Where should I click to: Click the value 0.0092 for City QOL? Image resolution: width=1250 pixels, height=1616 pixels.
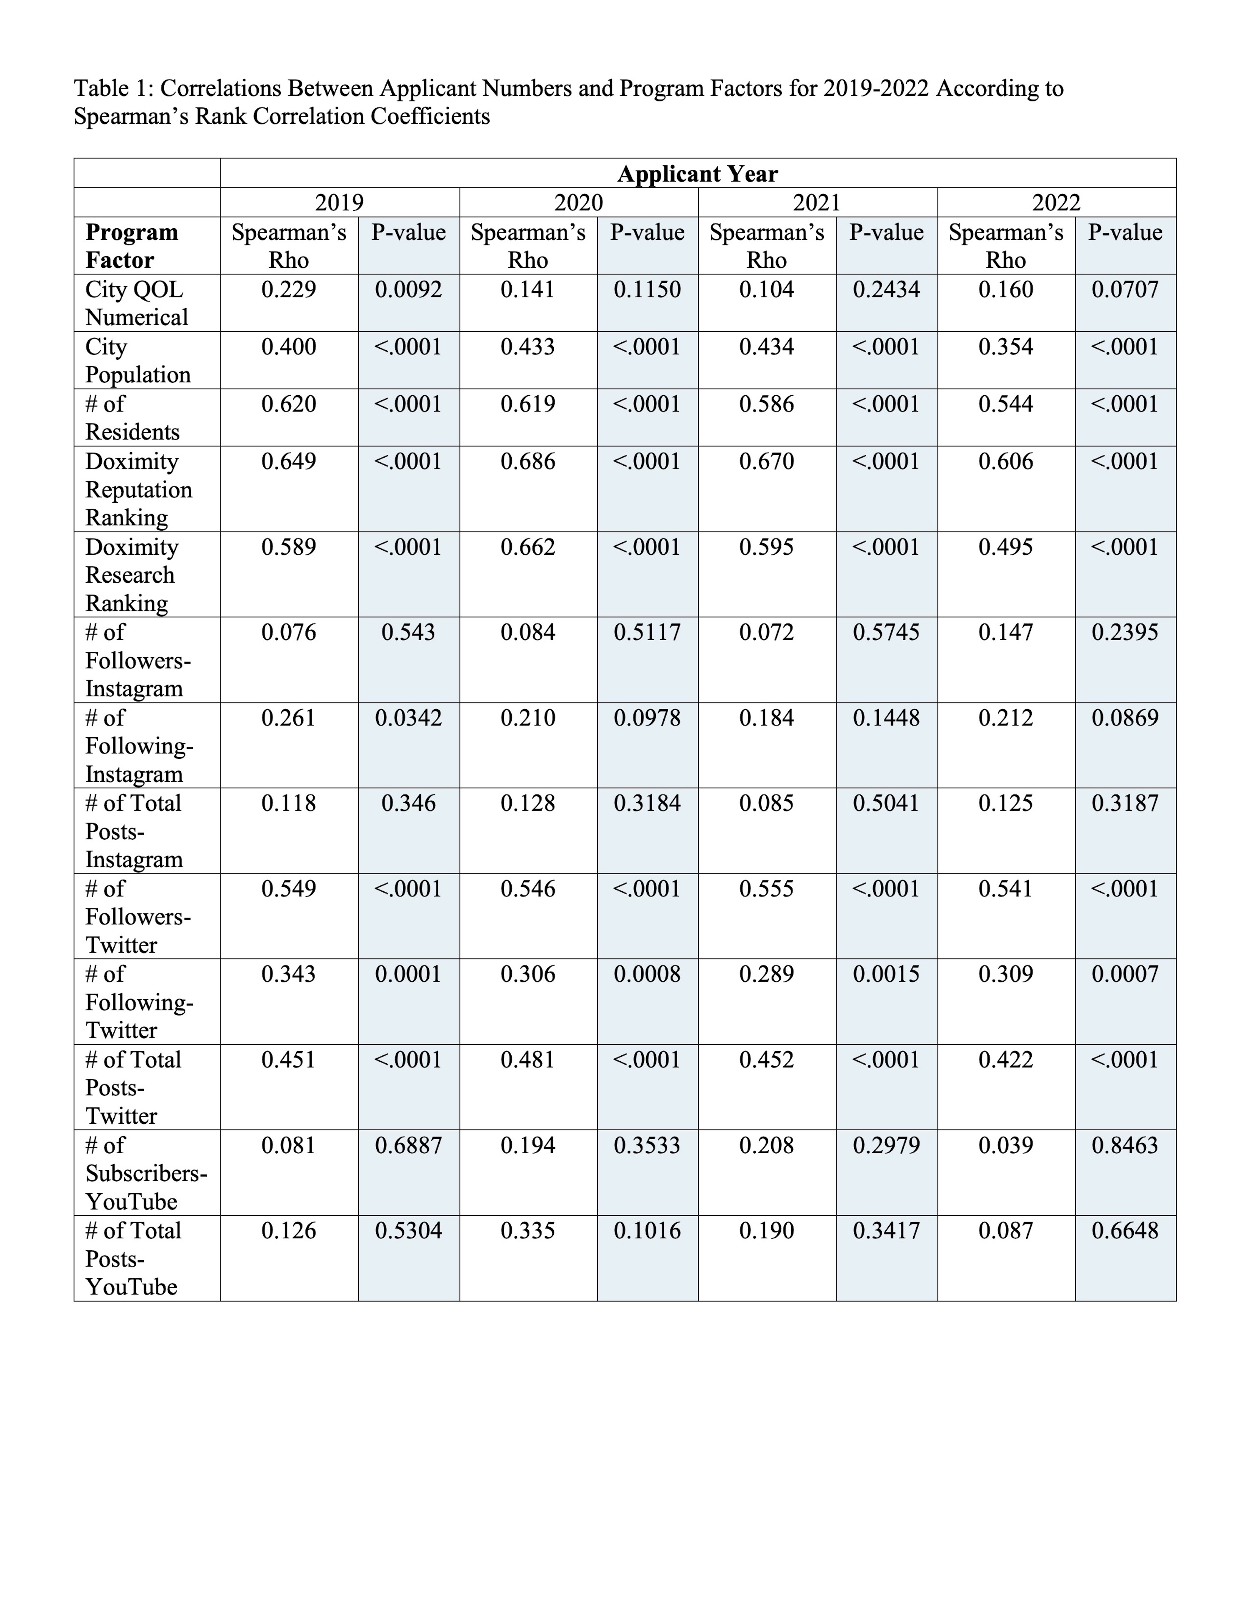[408, 289]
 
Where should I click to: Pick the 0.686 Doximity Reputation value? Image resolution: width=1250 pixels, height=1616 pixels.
[527, 462]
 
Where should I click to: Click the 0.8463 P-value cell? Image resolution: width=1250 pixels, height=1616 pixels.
[1125, 1145]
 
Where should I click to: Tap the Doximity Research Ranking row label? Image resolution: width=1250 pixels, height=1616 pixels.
[132, 575]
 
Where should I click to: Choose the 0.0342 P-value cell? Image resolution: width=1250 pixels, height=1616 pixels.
[408, 718]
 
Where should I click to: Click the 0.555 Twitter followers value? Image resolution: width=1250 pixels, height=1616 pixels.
[767, 889]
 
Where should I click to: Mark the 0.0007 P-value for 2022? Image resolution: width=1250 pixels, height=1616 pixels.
[1125, 975]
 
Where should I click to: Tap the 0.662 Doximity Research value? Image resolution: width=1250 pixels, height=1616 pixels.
[527, 548]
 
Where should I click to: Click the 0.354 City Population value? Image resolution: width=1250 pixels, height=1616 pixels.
[1006, 347]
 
